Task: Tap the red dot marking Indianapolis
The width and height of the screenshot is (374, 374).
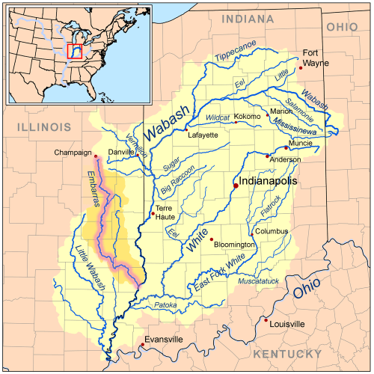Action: coord(236,186)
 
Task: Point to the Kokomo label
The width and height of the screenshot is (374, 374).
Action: coord(248,117)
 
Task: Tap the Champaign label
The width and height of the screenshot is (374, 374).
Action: coord(73,153)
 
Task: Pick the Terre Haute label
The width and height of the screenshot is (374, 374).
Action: coord(165,212)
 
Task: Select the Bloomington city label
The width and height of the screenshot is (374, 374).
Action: coord(234,245)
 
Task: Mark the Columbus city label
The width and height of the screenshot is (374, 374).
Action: coord(271,231)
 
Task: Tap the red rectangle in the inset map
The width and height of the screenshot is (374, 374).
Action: coord(74,51)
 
